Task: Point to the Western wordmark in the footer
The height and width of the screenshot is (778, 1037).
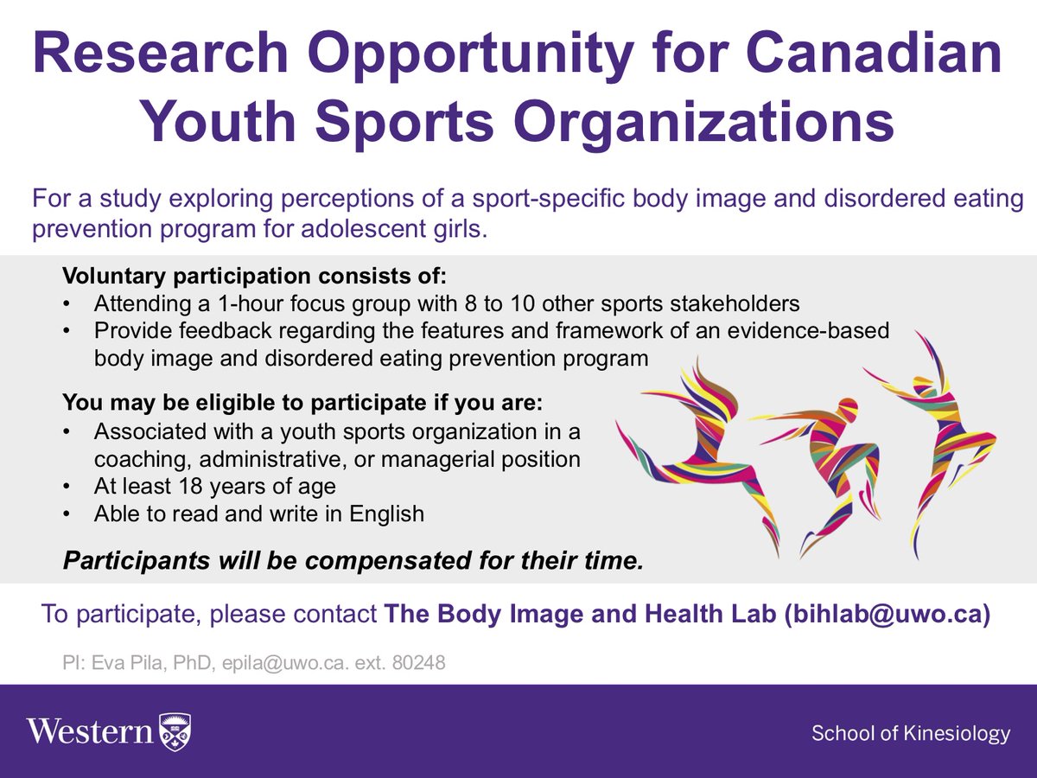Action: [x=90, y=732]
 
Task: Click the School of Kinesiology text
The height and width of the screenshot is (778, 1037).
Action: [x=910, y=734]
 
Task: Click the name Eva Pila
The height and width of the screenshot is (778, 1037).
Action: [x=120, y=665]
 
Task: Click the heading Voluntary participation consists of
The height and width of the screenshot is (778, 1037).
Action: [x=255, y=277]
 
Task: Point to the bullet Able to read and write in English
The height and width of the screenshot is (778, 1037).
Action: [x=258, y=513]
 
